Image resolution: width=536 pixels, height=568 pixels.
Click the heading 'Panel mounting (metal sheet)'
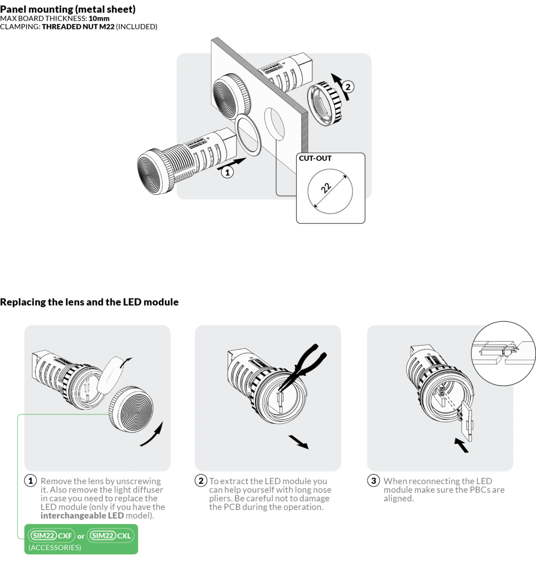pyautogui.click(x=68, y=9)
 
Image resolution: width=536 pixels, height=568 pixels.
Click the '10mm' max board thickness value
pyautogui.click(x=99, y=18)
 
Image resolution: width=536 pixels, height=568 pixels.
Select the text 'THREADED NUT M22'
pyautogui.click(x=78, y=27)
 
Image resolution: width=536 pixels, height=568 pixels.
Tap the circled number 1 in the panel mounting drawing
pyautogui.click(x=227, y=172)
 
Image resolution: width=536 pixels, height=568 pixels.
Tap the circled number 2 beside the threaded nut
pyautogui.click(x=348, y=87)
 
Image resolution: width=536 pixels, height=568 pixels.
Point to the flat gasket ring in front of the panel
pyautogui.click(x=248, y=134)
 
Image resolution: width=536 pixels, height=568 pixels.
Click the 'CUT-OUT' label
pyautogui.click(x=315, y=159)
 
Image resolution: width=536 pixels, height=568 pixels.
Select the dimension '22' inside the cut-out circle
pyautogui.click(x=326, y=188)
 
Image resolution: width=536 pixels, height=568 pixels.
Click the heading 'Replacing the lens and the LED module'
pyautogui.click(x=89, y=302)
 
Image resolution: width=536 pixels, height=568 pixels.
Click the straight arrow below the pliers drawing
pyautogui.click(x=299, y=442)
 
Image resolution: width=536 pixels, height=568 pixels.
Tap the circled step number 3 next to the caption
pyautogui.click(x=374, y=480)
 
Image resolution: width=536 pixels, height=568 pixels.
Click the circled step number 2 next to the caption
pyautogui.click(x=201, y=480)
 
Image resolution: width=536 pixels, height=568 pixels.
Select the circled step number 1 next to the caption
pyautogui.click(x=30, y=480)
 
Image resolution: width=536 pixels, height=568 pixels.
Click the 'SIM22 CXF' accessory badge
pyautogui.click(x=51, y=536)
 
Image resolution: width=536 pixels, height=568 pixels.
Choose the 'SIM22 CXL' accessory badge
pyautogui.click(x=111, y=536)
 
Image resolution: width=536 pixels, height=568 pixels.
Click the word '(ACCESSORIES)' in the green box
pyautogui.click(x=54, y=548)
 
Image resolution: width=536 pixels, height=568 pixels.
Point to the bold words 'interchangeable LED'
pyautogui.click(x=82, y=515)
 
